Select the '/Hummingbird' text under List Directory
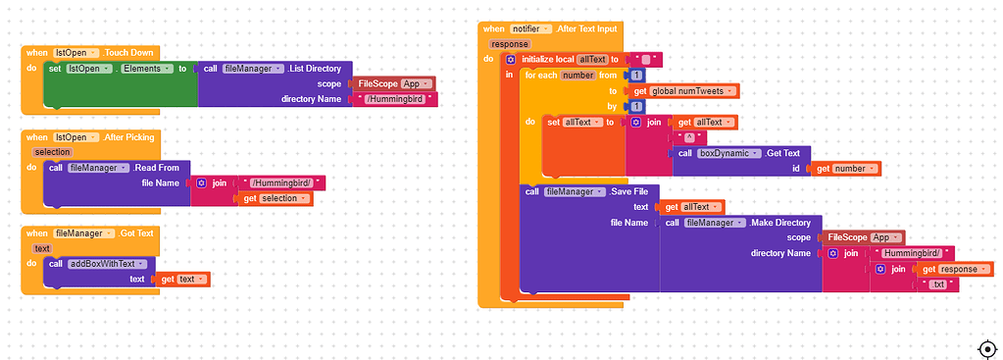pos(394,99)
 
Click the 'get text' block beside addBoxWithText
pos(182,280)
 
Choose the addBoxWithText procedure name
pos(111,264)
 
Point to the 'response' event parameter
pos(509,44)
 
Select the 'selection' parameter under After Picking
pos(52,152)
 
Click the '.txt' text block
pos(938,283)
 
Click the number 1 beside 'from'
pos(637,76)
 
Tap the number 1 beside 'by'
pos(637,106)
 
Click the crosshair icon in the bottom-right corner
pos(987,348)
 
